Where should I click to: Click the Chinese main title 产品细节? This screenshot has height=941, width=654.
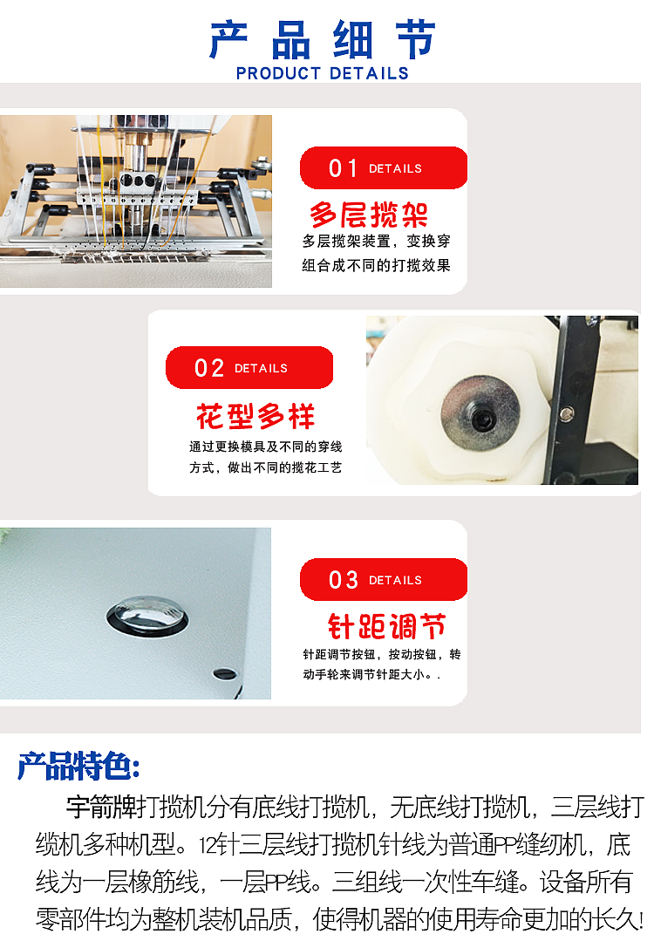click(323, 39)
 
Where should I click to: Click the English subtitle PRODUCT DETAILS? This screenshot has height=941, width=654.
click(323, 73)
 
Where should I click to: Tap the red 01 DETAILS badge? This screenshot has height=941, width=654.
click(383, 168)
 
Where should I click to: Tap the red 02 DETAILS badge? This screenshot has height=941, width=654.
click(249, 368)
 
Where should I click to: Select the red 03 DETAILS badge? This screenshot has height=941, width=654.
click(383, 580)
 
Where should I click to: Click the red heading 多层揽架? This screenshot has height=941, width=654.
click(369, 214)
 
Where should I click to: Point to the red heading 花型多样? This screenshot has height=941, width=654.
click(255, 417)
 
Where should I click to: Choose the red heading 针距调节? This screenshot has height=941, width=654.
click(386, 626)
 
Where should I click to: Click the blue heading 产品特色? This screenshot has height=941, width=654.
click(78, 766)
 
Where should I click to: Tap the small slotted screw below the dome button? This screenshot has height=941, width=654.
click(224, 673)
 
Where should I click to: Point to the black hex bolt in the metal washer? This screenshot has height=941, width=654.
click(481, 420)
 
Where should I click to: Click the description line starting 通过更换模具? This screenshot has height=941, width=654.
click(265, 447)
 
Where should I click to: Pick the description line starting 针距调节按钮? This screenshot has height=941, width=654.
click(381, 654)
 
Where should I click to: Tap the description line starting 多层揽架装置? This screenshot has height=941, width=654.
click(376, 242)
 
